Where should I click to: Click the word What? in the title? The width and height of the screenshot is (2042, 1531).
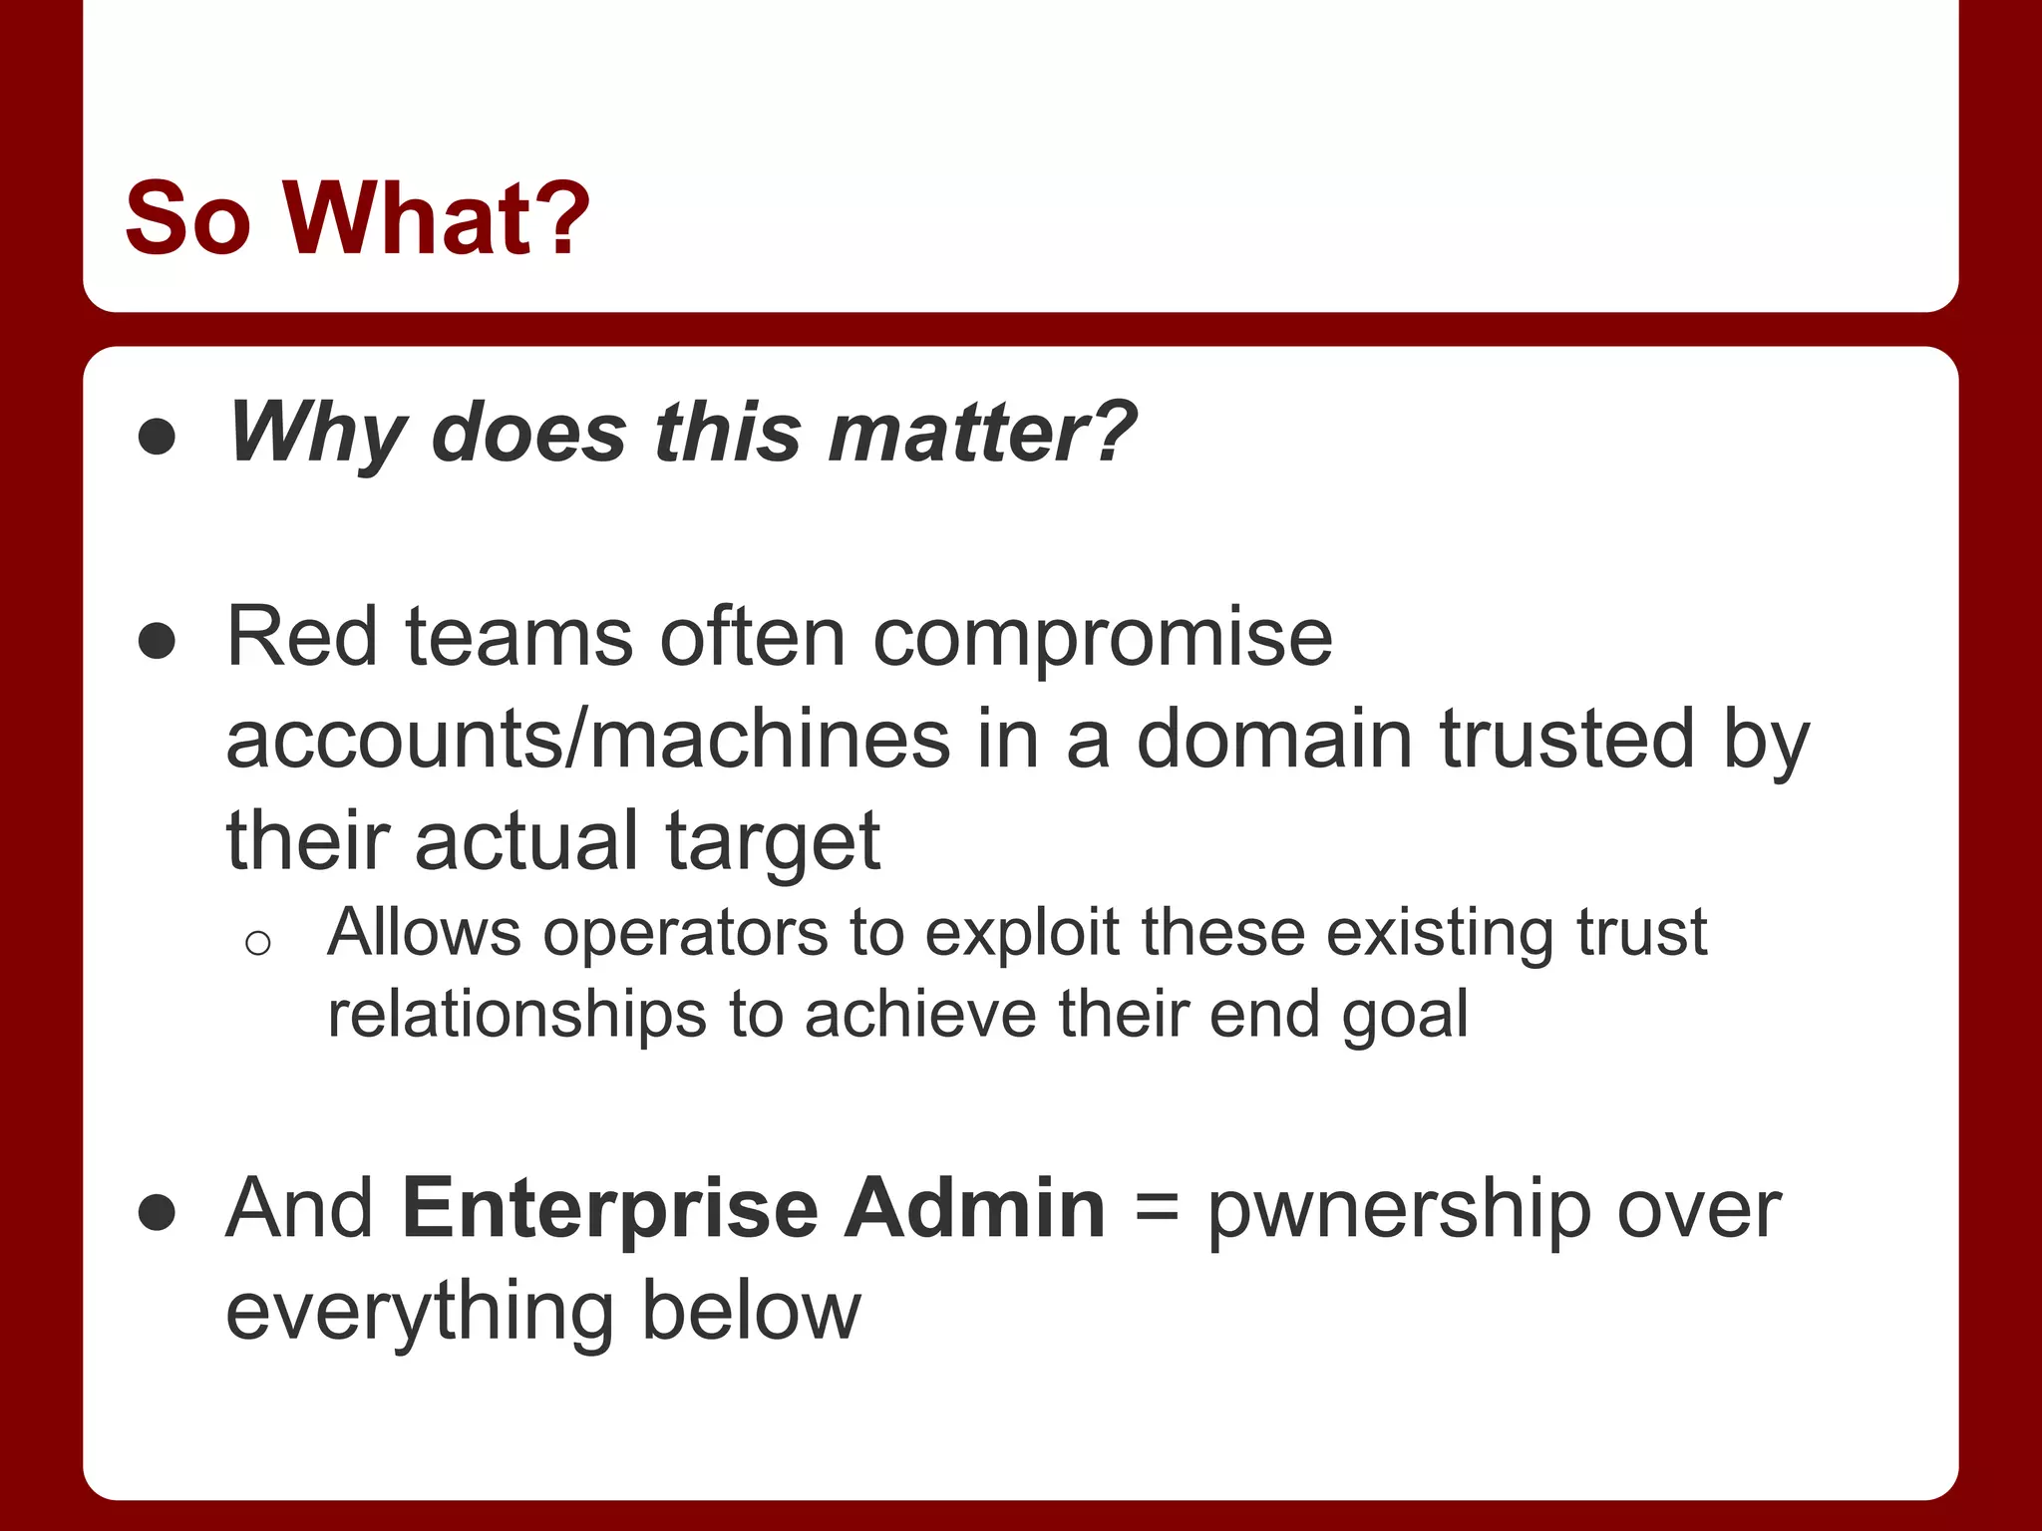coord(437,217)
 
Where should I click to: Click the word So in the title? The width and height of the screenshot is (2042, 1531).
coord(187,217)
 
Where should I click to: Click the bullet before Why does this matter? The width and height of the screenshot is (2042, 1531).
coord(158,437)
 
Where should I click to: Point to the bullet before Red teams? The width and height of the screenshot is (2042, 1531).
coord(158,641)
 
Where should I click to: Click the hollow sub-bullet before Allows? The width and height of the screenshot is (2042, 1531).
coord(257,943)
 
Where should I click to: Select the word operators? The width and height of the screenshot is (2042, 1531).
coord(685,934)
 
